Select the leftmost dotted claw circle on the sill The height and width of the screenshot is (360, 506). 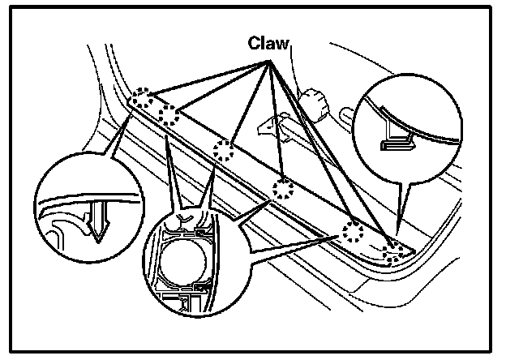pos(142,101)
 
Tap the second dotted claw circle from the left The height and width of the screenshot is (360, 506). pos(169,114)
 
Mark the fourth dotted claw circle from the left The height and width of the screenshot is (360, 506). pos(283,190)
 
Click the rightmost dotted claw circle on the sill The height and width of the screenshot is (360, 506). pos(395,252)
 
